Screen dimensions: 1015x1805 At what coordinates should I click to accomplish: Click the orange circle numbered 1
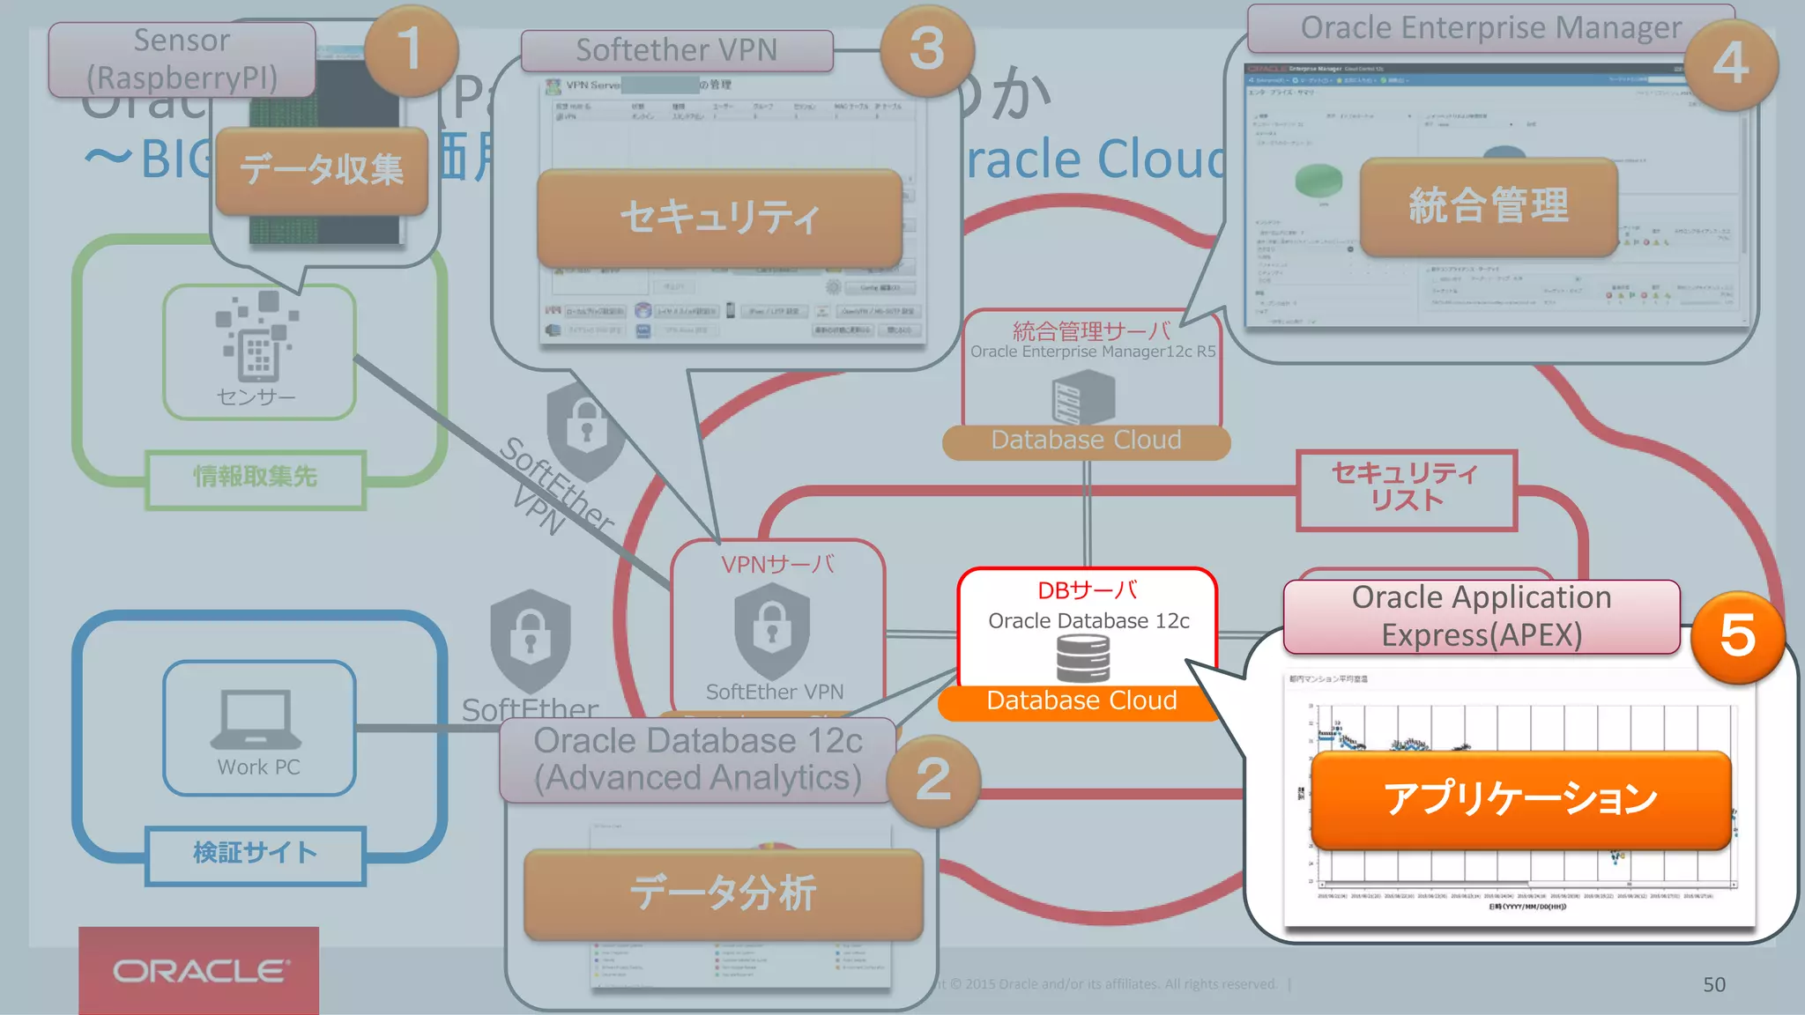click(411, 49)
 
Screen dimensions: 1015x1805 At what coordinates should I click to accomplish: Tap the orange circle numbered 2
click(933, 781)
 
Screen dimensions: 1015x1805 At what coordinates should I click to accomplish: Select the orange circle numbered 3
click(927, 49)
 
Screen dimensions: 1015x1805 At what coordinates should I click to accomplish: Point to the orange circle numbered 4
click(1730, 63)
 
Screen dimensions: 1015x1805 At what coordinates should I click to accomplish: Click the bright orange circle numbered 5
click(1737, 636)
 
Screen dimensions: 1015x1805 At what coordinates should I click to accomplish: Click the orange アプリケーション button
click(1520, 799)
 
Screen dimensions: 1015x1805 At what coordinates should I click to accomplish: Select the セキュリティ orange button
click(719, 218)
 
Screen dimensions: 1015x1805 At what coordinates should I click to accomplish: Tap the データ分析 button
click(723, 893)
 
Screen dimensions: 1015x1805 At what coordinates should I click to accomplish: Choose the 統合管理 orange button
click(1489, 206)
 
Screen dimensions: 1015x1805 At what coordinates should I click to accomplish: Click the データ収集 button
click(322, 169)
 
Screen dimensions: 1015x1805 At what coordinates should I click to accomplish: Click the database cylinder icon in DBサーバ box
click(1083, 658)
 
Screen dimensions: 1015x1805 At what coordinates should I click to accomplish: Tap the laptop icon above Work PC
click(256, 718)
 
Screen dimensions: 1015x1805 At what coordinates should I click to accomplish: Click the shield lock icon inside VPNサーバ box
click(772, 628)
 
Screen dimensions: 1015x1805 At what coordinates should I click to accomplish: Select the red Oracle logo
click(199, 970)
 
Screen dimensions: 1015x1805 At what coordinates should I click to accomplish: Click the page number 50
click(1713, 984)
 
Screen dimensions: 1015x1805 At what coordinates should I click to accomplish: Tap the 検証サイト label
click(255, 853)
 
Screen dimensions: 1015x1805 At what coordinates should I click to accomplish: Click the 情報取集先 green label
click(255, 477)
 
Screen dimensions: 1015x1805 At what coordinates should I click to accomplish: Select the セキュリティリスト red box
click(1406, 488)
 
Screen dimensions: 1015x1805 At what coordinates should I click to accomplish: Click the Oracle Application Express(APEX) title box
click(1481, 616)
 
